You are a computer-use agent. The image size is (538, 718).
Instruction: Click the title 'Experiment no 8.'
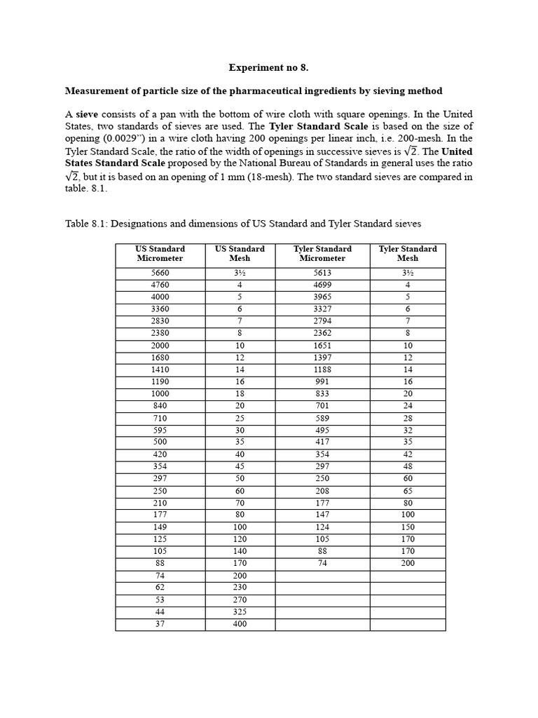pyautogui.click(x=268, y=68)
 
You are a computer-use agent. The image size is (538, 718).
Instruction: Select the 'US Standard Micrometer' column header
pyautogui.click(x=160, y=253)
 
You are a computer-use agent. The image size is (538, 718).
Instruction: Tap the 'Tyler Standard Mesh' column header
pyautogui.click(x=407, y=253)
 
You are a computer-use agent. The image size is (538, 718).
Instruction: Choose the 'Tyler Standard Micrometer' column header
pyautogui.click(x=322, y=253)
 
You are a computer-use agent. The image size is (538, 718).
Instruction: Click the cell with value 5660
pyautogui.click(x=160, y=273)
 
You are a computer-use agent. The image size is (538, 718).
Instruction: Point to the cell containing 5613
pyautogui.click(x=322, y=273)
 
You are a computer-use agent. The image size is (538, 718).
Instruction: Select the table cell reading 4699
pyautogui.click(x=322, y=285)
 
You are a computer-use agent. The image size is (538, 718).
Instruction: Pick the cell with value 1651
pyautogui.click(x=322, y=346)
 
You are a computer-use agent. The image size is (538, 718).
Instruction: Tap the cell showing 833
pyautogui.click(x=322, y=394)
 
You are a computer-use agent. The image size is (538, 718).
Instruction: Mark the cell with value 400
pyautogui.click(x=240, y=624)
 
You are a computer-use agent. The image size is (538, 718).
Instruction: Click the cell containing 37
pyautogui.click(x=160, y=624)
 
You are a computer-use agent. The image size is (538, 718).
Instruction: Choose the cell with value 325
pyautogui.click(x=240, y=612)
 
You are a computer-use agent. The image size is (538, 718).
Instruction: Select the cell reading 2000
pyautogui.click(x=160, y=346)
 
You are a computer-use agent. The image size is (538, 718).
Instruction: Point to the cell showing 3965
pyautogui.click(x=322, y=297)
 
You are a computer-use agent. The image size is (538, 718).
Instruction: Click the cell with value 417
pyautogui.click(x=322, y=442)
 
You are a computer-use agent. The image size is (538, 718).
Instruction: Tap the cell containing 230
pyautogui.click(x=240, y=588)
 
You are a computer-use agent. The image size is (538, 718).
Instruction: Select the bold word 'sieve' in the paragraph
pyautogui.click(x=87, y=114)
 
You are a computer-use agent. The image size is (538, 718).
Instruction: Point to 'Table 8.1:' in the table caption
pyautogui.click(x=86, y=224)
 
